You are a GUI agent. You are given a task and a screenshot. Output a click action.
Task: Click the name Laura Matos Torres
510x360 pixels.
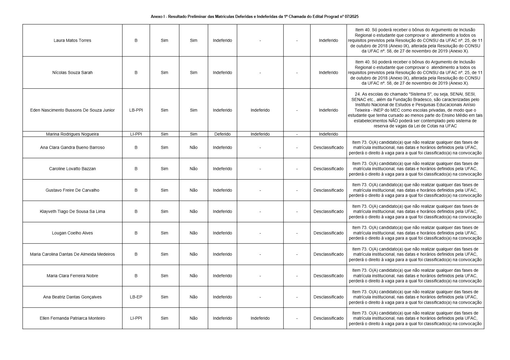(72, 40)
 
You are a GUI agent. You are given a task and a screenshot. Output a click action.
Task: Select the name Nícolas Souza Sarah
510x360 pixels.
(72, 72)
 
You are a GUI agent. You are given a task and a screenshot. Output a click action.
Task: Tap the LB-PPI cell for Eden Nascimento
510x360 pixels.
(136, 110)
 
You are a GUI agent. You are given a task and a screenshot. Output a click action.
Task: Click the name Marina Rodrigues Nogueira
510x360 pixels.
(72, 134)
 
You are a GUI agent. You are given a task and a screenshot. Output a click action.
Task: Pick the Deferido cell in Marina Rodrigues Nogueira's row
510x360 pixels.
(222, 134)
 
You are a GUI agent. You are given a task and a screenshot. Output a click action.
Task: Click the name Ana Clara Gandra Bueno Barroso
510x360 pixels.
(72, 147)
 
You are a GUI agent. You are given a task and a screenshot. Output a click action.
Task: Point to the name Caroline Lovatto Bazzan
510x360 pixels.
(72, 169)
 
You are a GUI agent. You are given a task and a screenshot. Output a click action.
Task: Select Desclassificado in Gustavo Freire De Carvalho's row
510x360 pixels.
(328, 190)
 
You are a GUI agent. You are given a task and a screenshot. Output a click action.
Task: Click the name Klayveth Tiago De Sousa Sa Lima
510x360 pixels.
(72, 211)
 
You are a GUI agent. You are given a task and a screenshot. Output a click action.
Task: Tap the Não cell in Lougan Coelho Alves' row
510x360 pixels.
(193, 233)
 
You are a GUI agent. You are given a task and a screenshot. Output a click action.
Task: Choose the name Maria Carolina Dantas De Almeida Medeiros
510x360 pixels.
(72, 254)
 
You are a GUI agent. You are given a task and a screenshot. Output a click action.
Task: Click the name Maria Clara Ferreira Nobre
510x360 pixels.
(72, 276)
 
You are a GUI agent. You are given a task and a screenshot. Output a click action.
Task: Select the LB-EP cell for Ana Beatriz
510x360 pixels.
(136, 297)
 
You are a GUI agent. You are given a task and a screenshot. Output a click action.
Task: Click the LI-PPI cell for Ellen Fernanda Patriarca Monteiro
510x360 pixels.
(136, 318)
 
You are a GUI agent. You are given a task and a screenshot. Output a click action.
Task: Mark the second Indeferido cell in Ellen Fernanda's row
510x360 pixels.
(260, 318)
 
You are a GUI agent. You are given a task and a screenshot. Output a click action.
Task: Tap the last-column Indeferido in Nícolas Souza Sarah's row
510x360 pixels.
(328, 72)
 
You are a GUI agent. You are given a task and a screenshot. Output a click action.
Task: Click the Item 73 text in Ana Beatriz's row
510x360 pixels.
(360, 292)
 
